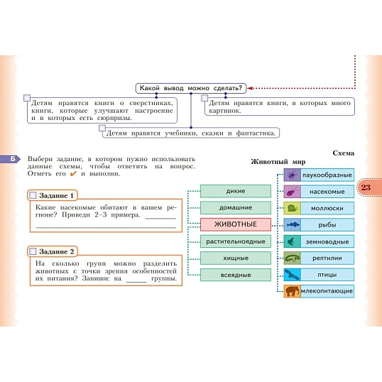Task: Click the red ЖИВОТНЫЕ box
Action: tap(236, 224)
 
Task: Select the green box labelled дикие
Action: tap(236, 191)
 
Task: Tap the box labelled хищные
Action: tap(236, 258)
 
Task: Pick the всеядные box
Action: tap(236, 275)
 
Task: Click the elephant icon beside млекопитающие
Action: tap(293, 291)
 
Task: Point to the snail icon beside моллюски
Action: tap(293, 208)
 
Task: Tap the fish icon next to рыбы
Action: tap(293, 224)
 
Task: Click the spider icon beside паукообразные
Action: tap(293, 175)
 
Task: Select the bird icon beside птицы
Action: tap(293, 275)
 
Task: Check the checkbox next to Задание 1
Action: tap(33, 195)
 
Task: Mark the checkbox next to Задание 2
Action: tap(33, 251)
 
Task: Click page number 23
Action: tap(366, 187)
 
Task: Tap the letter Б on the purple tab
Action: tap(13, 159)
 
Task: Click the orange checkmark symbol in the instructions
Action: tap(73, 174)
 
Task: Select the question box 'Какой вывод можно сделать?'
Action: tap(191, 88)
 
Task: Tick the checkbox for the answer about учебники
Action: tap(102, 128)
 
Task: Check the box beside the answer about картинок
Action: tap(204, 98)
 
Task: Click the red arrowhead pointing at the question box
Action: tap(249, 88)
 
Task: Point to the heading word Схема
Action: tap(343, 153)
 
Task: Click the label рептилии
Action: tap(327, 258)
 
